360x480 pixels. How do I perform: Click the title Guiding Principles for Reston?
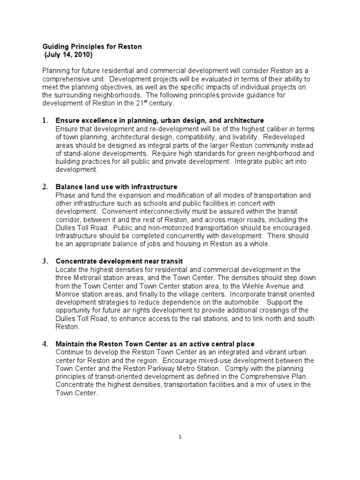pos(92,47)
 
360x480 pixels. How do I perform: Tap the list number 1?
pos(45,121)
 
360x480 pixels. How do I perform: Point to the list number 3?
pos(45,261)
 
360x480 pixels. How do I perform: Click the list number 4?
pos(45,344)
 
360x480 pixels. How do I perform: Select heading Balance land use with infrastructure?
pos(116,187)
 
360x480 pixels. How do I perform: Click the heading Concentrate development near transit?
pos(119,261)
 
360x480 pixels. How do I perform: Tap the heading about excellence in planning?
pos(160,121)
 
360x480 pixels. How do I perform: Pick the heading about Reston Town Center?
pos(155,344)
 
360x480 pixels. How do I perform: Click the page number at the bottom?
pos(180,436)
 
